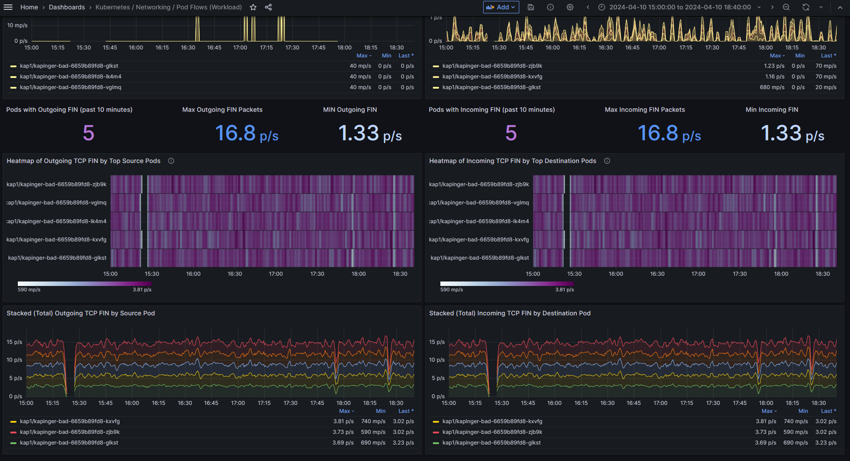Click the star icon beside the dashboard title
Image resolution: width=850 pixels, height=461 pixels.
click(253, 7)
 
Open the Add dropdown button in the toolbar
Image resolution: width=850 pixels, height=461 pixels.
click(501, 7)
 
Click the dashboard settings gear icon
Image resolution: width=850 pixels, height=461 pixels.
click(570, 7)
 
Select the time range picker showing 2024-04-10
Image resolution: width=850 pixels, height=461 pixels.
click(680, 7)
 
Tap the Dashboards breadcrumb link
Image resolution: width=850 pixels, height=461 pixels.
click(67, 7)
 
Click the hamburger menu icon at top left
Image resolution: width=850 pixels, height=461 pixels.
click(8, 7)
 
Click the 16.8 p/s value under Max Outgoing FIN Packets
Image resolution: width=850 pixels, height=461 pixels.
click(246, 133)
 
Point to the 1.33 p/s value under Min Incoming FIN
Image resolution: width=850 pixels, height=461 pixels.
click(793, 133)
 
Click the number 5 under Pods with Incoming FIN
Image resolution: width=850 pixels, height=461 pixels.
click(511, 133)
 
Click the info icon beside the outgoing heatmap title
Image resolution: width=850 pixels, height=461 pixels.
click(171, 161)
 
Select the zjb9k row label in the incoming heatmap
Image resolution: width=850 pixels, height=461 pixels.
click(479, 184)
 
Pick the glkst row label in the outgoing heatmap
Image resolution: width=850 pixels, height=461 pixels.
click(57, 258)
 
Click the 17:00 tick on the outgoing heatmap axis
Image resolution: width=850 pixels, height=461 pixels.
click(276, 274)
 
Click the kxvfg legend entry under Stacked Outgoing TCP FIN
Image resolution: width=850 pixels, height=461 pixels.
click(70, 421)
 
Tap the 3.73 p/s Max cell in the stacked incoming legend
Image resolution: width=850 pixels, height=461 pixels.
click(766, 432)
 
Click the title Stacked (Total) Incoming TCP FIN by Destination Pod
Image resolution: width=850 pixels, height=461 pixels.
click(510, 313)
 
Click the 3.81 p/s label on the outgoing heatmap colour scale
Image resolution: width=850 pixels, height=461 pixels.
click(142, 290)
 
